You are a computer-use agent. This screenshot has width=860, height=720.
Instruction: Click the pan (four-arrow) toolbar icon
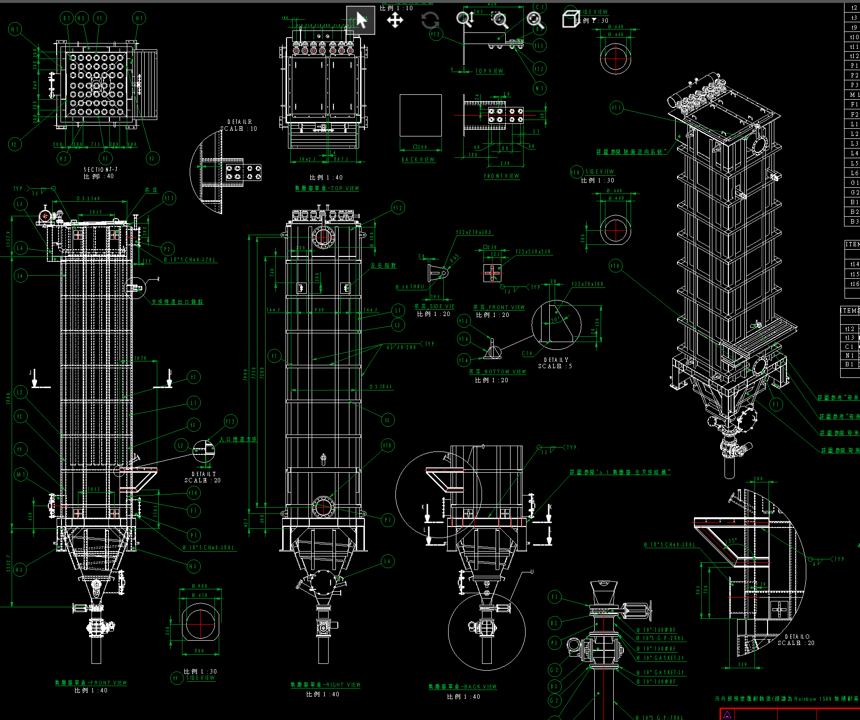(395, 20)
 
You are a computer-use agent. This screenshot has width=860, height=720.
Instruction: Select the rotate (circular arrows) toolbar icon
(430, 20)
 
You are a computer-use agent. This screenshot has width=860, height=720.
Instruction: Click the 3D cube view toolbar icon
(570, 19)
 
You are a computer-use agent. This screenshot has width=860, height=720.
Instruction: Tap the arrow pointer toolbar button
(361, 20)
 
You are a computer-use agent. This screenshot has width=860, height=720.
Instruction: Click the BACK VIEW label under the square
(418, 160)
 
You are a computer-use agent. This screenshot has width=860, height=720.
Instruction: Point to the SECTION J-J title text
(101, 169)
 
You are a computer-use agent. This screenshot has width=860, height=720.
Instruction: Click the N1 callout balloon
(540, 88)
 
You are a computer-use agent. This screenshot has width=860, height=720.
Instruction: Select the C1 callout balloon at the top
(540, 7)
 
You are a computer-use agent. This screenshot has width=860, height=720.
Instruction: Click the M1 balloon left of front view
(20, 474)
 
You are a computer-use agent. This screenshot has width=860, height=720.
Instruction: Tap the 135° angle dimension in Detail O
(731, 540)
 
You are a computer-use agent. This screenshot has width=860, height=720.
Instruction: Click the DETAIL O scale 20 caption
(796, 640)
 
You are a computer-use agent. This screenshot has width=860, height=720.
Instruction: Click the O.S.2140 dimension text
(88, 199)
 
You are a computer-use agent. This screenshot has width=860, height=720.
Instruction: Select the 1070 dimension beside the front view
(140, 358)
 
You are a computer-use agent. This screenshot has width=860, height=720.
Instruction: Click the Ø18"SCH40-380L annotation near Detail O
(670, 545)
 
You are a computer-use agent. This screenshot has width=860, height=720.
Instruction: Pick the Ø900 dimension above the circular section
(199, 586)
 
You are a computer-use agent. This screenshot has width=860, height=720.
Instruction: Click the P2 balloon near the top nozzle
(167, 249)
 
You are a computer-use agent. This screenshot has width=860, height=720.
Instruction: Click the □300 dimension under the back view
(420, 147)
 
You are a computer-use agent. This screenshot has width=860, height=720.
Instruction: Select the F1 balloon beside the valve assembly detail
(555, 597)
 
